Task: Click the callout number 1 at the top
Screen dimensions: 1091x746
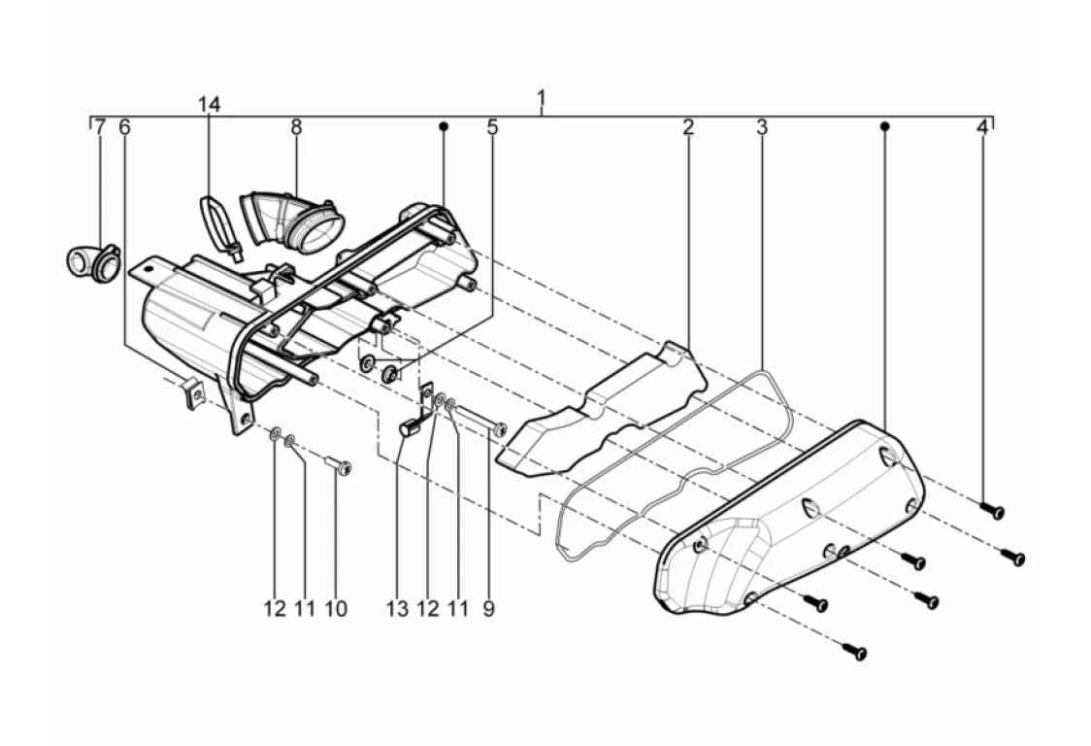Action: click(541, 98)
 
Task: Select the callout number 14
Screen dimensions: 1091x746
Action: click(210, 104)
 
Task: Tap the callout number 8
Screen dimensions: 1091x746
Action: click(296, 126)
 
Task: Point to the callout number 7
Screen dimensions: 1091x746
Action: click(99, 127)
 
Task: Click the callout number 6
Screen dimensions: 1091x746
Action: click(123, 127)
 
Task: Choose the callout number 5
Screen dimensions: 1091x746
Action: click(492, 127)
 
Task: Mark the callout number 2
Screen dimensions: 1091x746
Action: click(687, 127)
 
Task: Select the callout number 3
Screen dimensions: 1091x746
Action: click(762, 127)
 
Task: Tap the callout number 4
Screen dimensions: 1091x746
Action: click(981, 127)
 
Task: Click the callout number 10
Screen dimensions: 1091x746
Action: click(335, 609)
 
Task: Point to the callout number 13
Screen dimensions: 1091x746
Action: click(396, 609)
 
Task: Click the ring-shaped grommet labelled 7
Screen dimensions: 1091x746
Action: click(91, 261)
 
